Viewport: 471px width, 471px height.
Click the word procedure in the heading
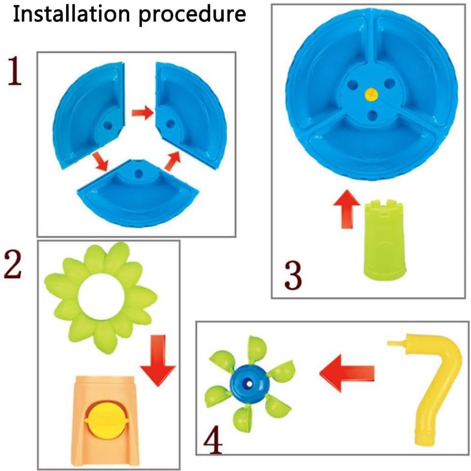pyautogui.click(x=192, y=16)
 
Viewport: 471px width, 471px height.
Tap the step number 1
pyautogui.click(x=14, y=71)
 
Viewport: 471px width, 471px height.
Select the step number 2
pyautogui.click(x=12, y=265)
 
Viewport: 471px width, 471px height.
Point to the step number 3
pyautogui.click(x=293, y=275)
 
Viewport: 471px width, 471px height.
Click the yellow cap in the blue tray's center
pyautogui.click(x=371, y=95)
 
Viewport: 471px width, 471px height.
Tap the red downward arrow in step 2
pyautogui.click(x=158, y=361)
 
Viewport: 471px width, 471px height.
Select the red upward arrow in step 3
pyautogui.click(x=347, y=209)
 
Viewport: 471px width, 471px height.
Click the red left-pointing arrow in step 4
pyautogui.click(x=347, y=373)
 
